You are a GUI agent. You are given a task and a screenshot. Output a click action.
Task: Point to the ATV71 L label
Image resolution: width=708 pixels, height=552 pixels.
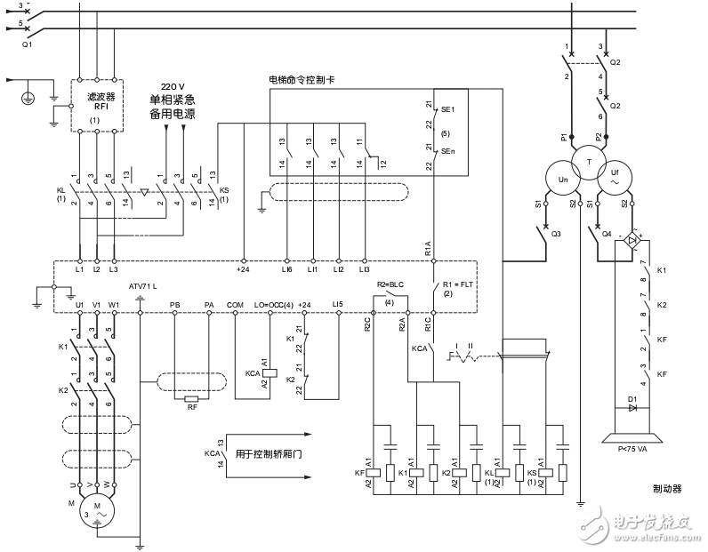142,286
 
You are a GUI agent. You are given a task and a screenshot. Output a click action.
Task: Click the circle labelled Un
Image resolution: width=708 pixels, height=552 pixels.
562,179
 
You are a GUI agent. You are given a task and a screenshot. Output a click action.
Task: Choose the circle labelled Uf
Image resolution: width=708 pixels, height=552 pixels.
613,178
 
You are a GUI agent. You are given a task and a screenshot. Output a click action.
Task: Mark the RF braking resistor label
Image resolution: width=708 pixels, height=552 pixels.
191,408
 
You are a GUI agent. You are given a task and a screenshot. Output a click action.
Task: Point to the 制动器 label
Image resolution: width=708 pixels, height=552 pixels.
665,488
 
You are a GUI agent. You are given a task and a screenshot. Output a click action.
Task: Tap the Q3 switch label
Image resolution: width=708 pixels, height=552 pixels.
556,235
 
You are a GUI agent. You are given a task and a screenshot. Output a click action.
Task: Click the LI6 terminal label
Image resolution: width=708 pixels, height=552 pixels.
286,268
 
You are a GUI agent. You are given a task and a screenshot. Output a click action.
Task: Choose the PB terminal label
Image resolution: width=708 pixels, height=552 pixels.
174,304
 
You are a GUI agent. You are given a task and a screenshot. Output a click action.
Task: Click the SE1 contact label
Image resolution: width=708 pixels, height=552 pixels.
447,108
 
